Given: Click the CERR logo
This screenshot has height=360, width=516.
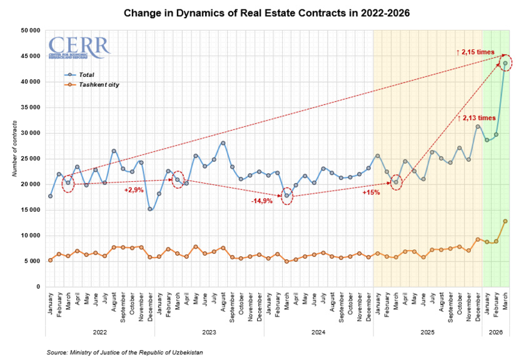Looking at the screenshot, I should click(x=79, y=47).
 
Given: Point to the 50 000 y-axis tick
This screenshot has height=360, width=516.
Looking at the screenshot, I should click(x=30, y=30).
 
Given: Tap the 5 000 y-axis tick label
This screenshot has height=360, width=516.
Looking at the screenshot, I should click(x=32, y=261).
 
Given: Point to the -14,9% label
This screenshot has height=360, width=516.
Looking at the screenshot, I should click(x=261, y=201).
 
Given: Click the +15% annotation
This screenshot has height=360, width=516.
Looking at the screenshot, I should click(x=372, y=192).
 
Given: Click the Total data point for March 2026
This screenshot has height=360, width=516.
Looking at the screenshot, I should click(x=505, y=62).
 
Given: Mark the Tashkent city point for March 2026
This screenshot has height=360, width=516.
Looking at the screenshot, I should click(x=505, y=221).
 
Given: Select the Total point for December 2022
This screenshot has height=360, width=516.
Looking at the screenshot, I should click(x=150, y=209).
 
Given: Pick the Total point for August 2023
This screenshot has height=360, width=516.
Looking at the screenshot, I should click(x=223, y=142).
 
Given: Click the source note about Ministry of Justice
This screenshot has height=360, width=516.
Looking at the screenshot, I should click(x=125, y=352).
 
